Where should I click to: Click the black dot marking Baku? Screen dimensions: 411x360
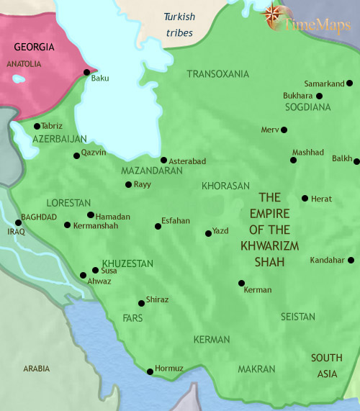click(x=87, y=72)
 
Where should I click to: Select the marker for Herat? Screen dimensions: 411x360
click(x=305, y=198)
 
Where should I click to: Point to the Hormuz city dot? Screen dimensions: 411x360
click(x=150, y=371)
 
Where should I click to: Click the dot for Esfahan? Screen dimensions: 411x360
click(x=158, y=227)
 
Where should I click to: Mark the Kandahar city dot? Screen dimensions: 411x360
click(x=351, y=260)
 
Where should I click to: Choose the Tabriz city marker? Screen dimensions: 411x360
click(x=37, y=126)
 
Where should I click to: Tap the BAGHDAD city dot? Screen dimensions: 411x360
click(x=18, y=222)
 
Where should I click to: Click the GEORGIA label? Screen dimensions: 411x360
click(x=33, y=47)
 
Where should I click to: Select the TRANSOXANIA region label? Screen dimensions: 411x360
click(x=217, y=74)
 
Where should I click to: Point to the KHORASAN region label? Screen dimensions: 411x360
click(x=225, y=186)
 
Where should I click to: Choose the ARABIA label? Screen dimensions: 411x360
click(x=37, y=369)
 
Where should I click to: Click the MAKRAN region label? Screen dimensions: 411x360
click(x=256, y=369)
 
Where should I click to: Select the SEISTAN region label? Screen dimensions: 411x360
click(x=298, y=317)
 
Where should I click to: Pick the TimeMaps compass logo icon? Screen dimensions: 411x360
click(x=274, y=15)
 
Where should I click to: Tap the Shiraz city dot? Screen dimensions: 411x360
click(x=141, y=303)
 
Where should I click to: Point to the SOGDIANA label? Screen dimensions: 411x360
click(x=307, y=107)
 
